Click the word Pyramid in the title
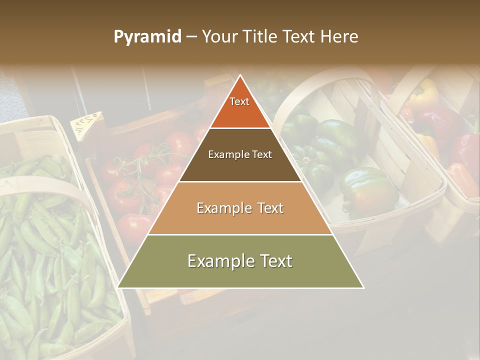click(147, 37)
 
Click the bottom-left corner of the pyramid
click(118, 287)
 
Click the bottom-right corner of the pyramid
click(363, 287)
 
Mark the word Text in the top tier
click(239, 101)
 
